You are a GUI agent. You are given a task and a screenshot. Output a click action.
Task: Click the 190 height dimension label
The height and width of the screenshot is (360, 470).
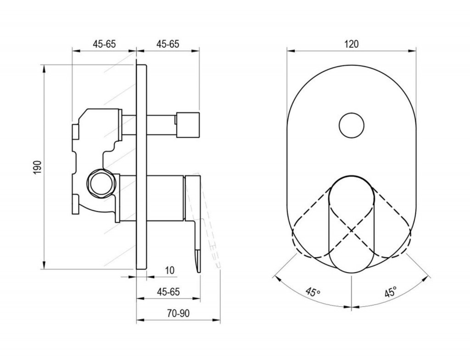37,167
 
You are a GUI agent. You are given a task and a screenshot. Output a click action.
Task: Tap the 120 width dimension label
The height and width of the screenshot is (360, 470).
351,44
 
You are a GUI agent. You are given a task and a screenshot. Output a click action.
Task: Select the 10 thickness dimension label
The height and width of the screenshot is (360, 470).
170,270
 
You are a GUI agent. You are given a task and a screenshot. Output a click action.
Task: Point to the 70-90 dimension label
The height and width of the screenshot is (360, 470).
179,313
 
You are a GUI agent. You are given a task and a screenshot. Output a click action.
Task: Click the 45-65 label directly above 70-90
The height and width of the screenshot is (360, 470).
168,292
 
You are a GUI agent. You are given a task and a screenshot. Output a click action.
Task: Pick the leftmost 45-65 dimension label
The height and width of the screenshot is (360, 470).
104,44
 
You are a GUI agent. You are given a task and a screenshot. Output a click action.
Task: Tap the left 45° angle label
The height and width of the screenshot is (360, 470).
313,291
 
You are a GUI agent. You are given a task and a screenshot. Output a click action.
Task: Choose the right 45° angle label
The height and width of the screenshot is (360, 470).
390,291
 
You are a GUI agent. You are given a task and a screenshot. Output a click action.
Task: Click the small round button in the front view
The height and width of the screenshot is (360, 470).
352,126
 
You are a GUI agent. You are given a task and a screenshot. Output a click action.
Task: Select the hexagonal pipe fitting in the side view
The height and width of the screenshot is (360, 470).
101,184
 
